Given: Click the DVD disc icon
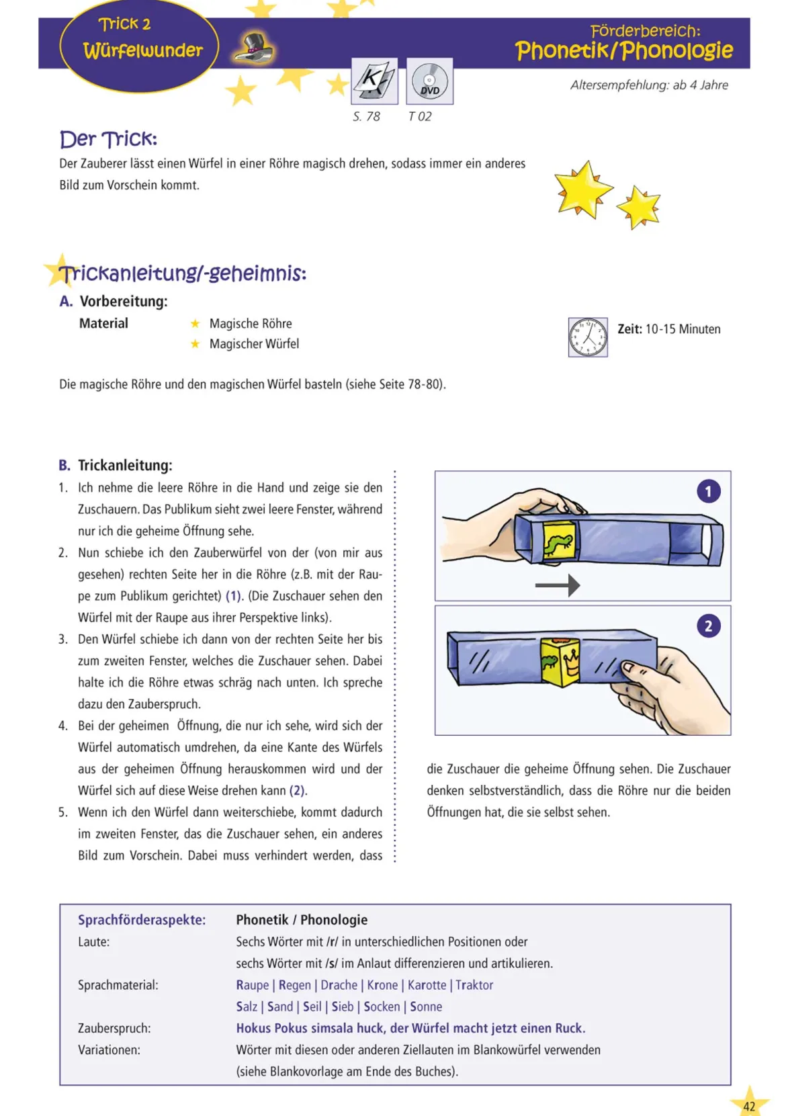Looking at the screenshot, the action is [429, 81].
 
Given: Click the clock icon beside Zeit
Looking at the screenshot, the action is [588, 337].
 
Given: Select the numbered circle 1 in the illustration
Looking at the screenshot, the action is [708, 492].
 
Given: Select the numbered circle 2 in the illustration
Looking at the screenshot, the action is [708, 626].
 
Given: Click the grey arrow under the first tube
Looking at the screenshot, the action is [558, 585].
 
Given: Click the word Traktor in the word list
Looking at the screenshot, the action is [474, 985].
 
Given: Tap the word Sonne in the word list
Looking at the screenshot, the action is [426, 1006].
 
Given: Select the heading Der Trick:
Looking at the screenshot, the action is [109, 139].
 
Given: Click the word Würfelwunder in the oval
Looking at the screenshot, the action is [143, 50].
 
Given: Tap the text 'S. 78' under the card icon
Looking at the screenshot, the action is [366, 117].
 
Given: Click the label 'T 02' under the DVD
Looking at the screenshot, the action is [419, 117].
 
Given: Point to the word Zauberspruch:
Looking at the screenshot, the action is [114, 1028].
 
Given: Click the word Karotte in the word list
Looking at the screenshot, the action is [427, 985].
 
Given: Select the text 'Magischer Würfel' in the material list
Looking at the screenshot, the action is [254, 344].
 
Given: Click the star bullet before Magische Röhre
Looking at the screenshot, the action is [195, 324].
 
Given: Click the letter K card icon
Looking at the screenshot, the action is [375, 81].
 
